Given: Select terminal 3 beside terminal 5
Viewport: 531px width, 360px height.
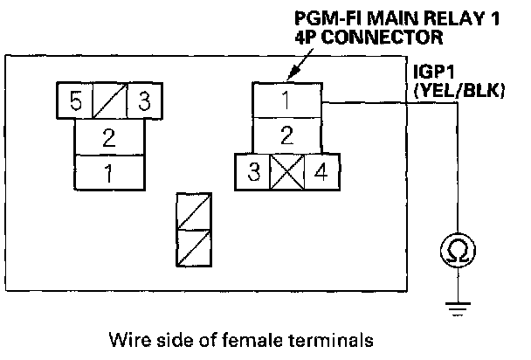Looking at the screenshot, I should (143, 100).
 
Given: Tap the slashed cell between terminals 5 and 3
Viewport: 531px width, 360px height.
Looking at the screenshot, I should (108, 100).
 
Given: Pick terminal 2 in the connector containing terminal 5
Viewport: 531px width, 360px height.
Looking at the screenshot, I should (108, 137).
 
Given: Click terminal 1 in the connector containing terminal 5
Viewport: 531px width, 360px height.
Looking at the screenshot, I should (108, 171).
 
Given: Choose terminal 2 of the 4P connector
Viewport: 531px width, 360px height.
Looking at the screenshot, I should (286, 136).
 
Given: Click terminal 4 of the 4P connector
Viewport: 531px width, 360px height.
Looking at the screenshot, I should (320, 172).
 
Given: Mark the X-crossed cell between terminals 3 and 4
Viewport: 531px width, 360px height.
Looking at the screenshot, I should (286, 172).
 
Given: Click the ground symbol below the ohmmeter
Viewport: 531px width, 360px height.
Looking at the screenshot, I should (456, 305).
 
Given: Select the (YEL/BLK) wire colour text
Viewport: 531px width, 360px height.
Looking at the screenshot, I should (462, 89).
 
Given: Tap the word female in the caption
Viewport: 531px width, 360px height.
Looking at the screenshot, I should (252, 338).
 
